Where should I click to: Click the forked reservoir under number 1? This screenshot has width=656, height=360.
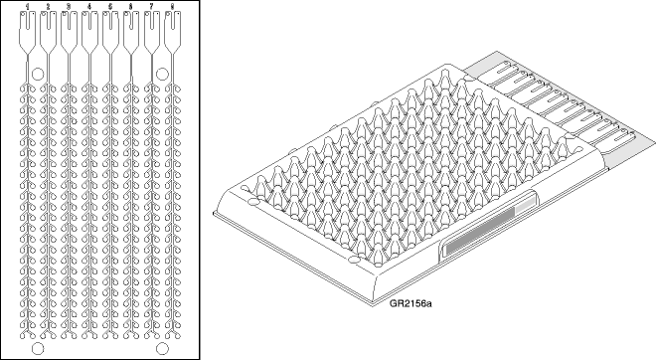[x=27, y=35]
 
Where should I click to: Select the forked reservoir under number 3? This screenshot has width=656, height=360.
[x=69, y=35]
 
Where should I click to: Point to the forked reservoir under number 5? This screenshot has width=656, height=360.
[x=110, y=35]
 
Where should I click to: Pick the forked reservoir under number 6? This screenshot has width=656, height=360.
[x=131, y=35]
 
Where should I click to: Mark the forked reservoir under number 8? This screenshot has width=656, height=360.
[x=173, y=35]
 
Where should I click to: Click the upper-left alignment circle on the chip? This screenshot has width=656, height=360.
[x=38, y=74]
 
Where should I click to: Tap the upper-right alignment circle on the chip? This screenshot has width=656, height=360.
[x=163, y=73]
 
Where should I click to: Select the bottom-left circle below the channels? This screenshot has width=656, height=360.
[x=38, y=349]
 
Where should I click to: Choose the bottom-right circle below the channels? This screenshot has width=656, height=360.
[x=162, y=349]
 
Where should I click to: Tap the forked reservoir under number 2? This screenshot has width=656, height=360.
[x=48, y=35]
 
